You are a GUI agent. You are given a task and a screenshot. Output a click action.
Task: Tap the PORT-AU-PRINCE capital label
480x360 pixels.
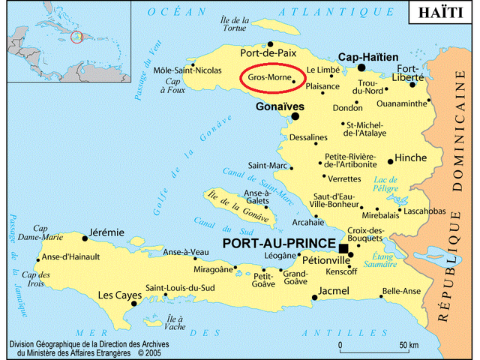point(280,245)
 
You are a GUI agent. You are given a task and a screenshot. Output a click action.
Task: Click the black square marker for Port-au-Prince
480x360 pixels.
point(343,248)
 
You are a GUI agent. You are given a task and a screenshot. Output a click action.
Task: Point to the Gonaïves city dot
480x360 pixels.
point(295,116)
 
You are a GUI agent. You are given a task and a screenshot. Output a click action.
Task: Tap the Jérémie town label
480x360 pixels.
point(106,232)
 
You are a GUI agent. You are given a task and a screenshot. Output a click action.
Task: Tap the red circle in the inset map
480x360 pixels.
point(77,36)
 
